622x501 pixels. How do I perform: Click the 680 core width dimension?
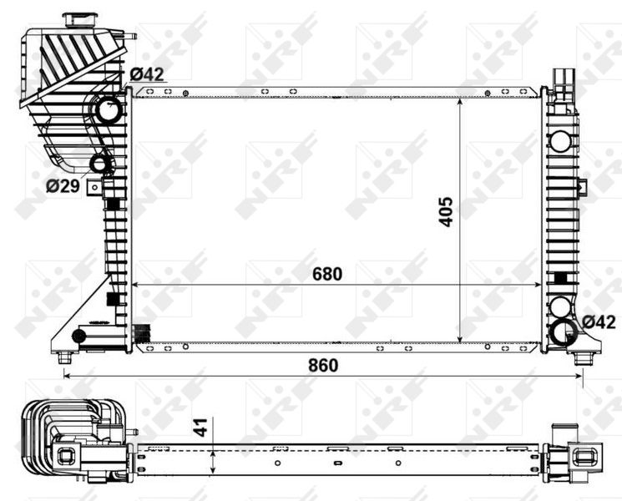[x=327, y=273]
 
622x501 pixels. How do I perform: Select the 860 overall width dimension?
[x=321, y=365]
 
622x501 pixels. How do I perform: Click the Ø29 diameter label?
[x=63, y=186]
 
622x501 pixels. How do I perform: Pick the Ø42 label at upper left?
[x=146, y=74]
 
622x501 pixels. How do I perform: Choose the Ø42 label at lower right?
[x=599, y=321]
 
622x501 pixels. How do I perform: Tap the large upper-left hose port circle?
[x=107, y=109]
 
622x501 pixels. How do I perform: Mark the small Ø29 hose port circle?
[x=100, y=163]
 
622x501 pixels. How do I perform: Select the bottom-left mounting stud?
[x=65, y=358]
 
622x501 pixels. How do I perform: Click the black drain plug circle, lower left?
[x=79, y=336]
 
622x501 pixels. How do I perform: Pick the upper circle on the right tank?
[x=559, y=306]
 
